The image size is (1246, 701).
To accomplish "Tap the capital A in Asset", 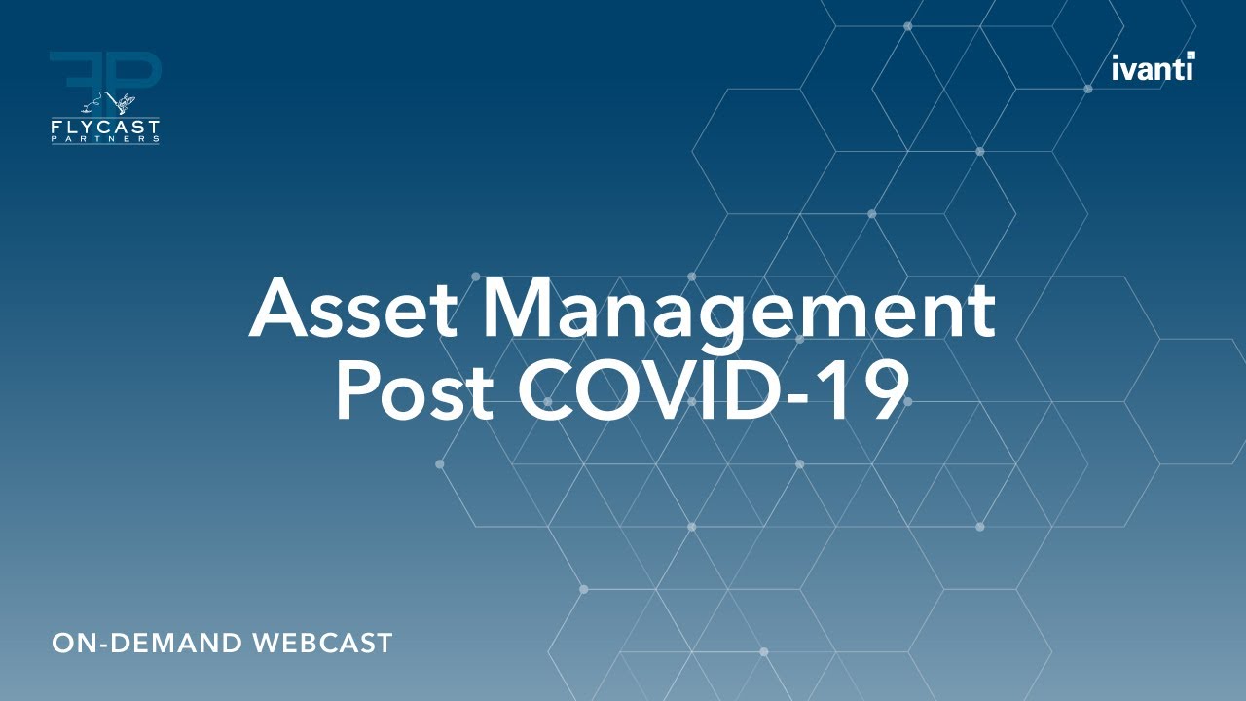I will [x=279, y=308].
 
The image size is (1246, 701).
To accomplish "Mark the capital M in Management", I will [x=524, y=308].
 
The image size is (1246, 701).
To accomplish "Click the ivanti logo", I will [x=1153, y=68].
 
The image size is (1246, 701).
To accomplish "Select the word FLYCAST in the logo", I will [x=105, y=128].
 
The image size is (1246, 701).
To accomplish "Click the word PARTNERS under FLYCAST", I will [x=105, y=140].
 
